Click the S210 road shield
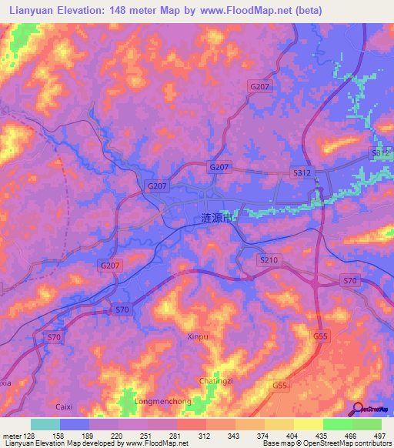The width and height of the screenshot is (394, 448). pos(269,261)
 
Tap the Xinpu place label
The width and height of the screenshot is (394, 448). pos(198,336)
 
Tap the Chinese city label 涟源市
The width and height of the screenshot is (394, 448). pos(215,219)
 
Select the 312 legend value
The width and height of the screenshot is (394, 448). pos(205,434)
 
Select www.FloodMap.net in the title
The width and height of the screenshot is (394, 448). pos(245,11)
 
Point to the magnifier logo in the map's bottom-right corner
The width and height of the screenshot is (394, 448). pos(358,409)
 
